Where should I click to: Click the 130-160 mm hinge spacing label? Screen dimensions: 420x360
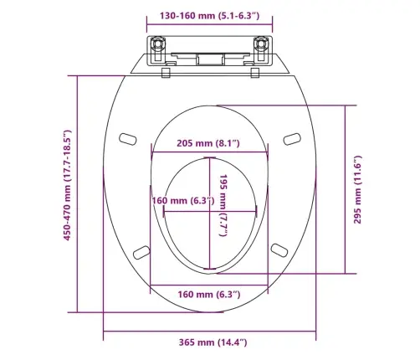[x=209, y=16]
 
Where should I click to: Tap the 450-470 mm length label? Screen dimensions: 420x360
[x=68, y=185]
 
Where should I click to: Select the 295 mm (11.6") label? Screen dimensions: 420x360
[x=357, y=190]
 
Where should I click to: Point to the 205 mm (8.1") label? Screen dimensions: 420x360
[x=208, y=143]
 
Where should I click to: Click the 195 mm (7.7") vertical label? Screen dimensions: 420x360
[x=223, y=206]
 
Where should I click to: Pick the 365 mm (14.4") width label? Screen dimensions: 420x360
[x=213, y=342]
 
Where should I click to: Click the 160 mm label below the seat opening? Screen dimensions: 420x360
[x=209, y=294]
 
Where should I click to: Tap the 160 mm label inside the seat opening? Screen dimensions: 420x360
[x=183, y=200]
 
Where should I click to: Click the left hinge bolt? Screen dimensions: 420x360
[x=157, y=44]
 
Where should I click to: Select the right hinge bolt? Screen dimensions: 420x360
[x=261, y=44]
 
